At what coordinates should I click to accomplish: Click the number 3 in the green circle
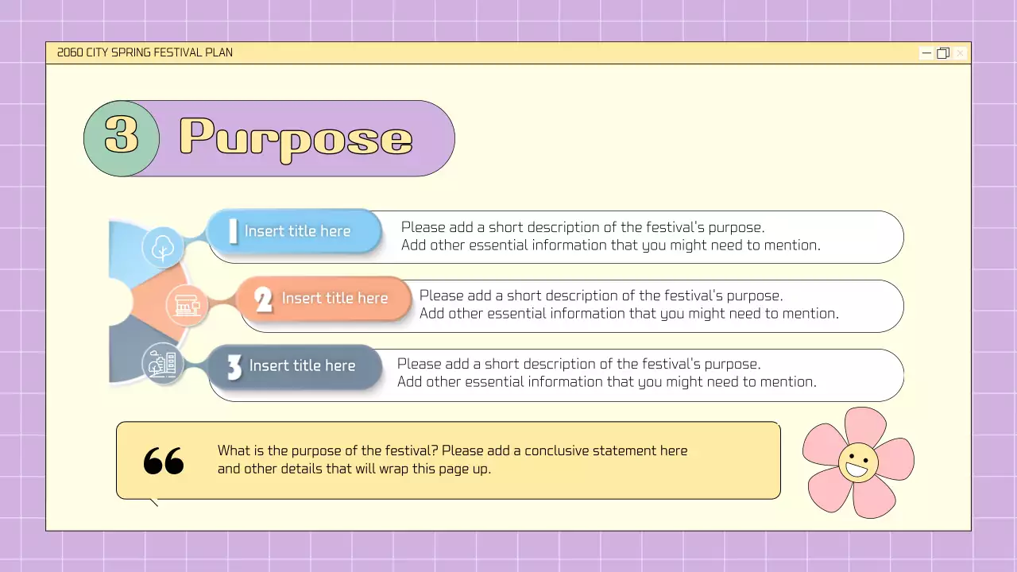point(122,137)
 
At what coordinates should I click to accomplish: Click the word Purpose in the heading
point(296,138)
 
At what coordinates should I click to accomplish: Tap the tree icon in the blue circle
point(163,247)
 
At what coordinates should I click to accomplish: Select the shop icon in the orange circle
point(187,306)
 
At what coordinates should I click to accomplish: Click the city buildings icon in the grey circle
point(163,365)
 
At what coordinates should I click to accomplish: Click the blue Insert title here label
point(297,231)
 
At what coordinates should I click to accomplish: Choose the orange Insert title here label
point(334,299)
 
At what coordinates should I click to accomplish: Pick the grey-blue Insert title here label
point(302,366)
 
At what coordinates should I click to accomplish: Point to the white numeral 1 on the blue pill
point(233,231)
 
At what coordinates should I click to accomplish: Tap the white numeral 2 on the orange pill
point(264,300)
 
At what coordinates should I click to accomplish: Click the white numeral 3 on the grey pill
point(234,367)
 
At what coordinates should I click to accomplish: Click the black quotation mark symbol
point(164,461)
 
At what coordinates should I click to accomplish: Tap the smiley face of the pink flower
point(858,463)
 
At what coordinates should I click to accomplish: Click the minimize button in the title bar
point(926,53)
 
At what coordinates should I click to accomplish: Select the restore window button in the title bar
point(943,53)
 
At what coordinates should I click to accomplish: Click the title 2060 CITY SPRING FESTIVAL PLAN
point(145,53)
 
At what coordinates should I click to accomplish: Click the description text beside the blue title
point(610,237)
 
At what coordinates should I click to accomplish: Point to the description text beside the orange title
point(628,305)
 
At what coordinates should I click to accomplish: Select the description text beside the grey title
point(606,373)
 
